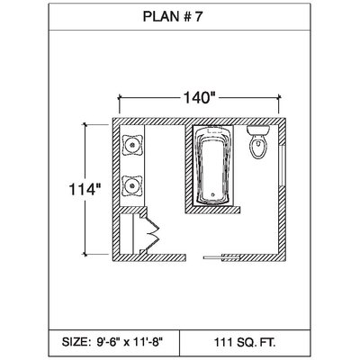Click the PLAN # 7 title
(173, 16)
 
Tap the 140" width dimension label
(200, 97)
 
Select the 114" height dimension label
(85, 189)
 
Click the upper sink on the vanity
(132, 145)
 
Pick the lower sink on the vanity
(132, 185)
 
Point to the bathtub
(213, 166)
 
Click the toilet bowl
(258, 148)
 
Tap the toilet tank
(258, 130)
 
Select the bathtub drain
(213, 194)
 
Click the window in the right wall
(282, 166)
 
